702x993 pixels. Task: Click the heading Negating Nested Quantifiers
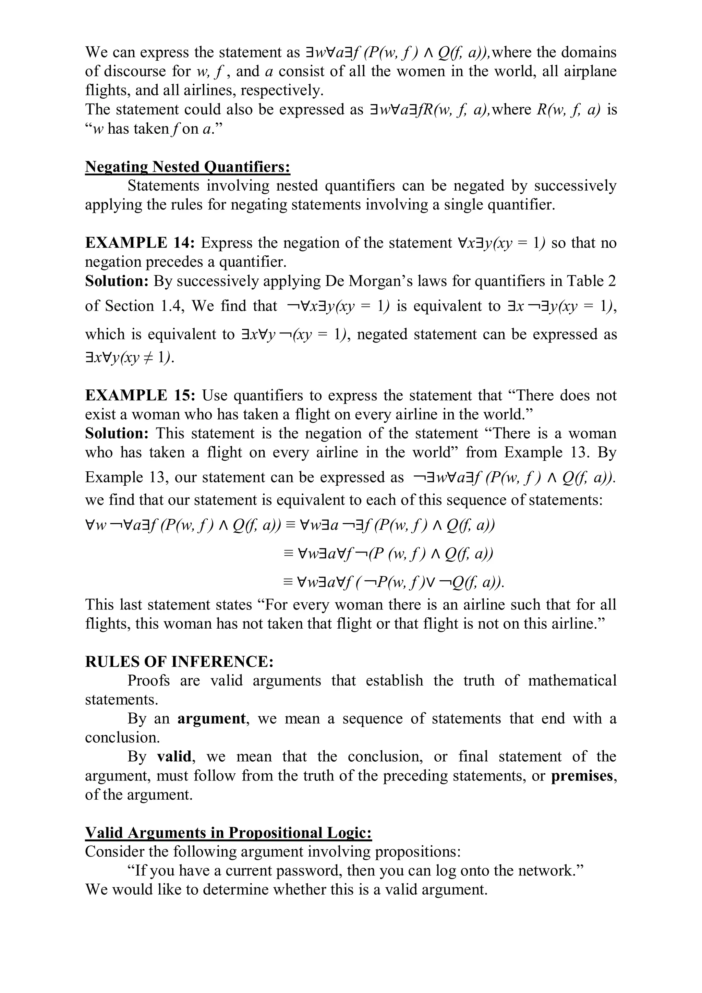point(187,167)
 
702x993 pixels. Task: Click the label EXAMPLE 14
point(140,243)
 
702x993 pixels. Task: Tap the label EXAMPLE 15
point(140,395)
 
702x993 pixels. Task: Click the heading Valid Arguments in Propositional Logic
point(228,833)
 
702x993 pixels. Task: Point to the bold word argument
point(211,718)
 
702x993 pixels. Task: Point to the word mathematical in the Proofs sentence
point(572,681)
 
